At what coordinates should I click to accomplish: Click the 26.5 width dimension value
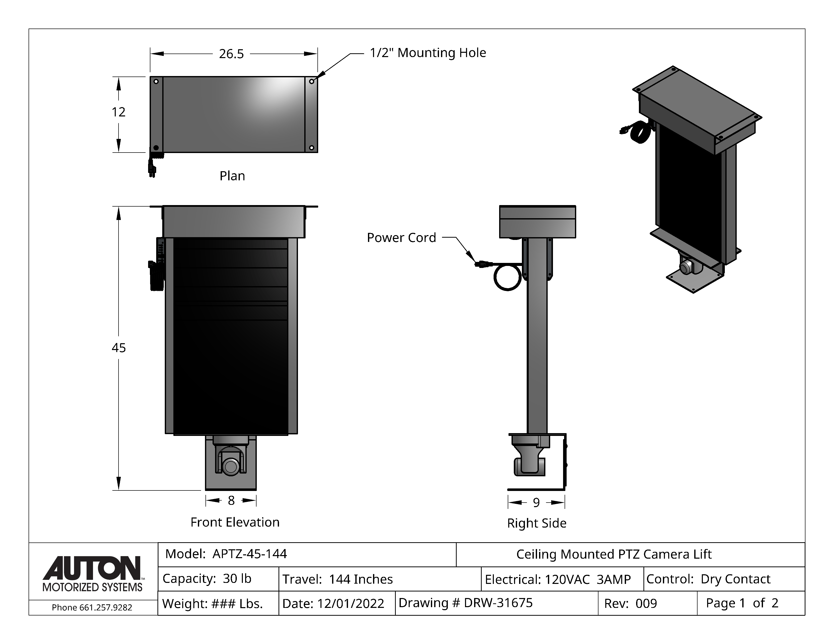(231, 54)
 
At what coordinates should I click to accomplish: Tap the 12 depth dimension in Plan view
(118, 112)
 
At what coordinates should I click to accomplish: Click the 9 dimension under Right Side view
(536, 503)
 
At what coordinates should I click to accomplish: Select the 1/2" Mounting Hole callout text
(428, 53)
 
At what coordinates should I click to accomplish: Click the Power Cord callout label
(401, 238)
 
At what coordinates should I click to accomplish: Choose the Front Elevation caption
(235, 522)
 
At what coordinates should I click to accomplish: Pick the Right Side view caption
(537, 523)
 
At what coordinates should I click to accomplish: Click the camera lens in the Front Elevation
(230, 466)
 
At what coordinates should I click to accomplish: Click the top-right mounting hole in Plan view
(312, 81)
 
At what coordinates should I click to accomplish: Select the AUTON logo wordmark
(92, 568)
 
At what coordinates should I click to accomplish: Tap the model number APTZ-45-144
(249, 554)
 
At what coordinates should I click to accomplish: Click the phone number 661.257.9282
(105, 607)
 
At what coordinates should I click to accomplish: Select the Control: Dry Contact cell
(708, 579)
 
